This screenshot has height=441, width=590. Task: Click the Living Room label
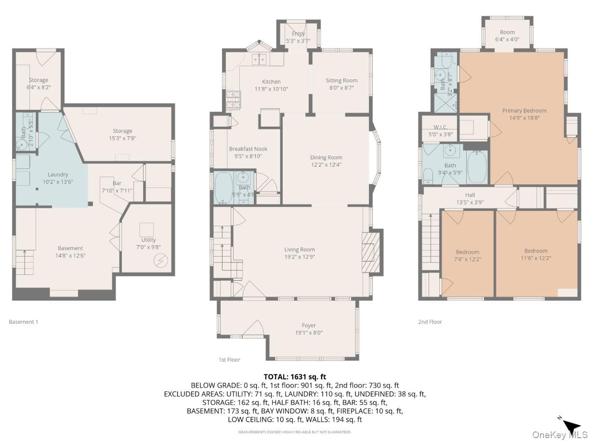[x=300, y=249]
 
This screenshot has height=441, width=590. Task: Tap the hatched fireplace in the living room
[x=371, y=252]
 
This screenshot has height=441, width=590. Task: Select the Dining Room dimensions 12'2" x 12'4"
[x=326, y=165]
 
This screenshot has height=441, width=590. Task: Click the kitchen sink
[x=259, y=59]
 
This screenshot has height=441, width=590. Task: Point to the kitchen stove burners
[x=233, y=100]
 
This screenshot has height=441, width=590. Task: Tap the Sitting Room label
[x=341, y=80]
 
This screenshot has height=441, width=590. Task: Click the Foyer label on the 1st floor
[x=309, y=325]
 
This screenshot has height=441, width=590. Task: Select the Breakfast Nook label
[x=248, y=149]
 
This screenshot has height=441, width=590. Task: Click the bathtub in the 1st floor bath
[x=223, y=188]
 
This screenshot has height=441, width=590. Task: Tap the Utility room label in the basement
[x=148, y=240]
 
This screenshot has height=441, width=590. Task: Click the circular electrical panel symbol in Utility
[x=161, y=260]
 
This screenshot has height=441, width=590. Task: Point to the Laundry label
[x=58, y=175]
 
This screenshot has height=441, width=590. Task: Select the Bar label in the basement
[x=117, y=183]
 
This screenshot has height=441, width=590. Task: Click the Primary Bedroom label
[x=524, y=110]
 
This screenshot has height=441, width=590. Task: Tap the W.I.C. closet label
[x=441, y=127]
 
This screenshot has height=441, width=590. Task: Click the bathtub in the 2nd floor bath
[x=477, y=167]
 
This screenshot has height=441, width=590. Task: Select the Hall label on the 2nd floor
[x=470, y=195]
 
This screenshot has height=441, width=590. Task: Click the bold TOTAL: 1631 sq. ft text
[x=295, y=377]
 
